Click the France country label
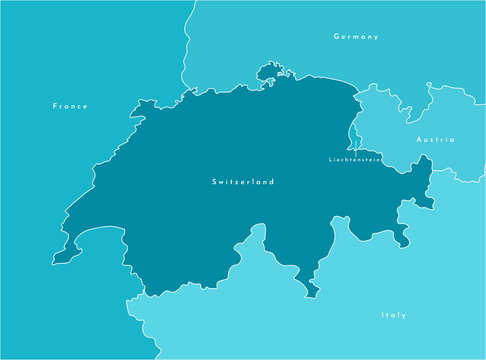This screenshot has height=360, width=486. click(x=69, y=105)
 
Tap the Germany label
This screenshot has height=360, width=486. click(x=356, y=37)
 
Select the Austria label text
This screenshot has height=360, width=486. click(x=435, y=140)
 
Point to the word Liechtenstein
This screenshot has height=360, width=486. click(x=355, y=159)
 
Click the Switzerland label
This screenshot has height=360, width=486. click(x=243, y=182)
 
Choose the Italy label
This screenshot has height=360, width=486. click(x=393, y=315)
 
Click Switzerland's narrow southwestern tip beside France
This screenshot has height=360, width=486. click(x=60, y=257)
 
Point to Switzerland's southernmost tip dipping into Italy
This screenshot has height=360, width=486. click(x=314, y=291)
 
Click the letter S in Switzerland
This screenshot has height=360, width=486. click(x=214, y=182)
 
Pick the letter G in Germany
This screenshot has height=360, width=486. click(x=336, y=37)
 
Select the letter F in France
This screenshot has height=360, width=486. click(x=53, y=105)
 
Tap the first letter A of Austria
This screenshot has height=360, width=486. click(x=418, y=140)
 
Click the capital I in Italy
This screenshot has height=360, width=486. click(x=382, y=315)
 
